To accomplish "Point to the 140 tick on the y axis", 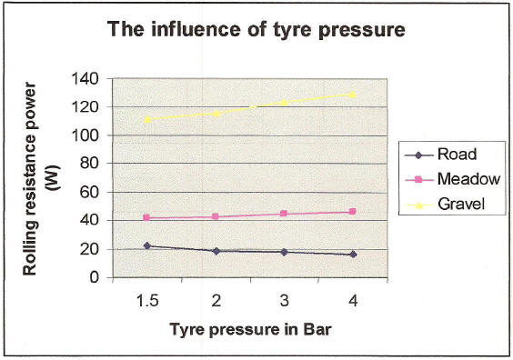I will coord(86,78).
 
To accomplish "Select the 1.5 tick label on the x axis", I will coord(146,300).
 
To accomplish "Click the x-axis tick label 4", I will coord(352,300).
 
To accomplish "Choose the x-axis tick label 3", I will coord(284,300).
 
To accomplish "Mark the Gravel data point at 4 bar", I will coord(352,95).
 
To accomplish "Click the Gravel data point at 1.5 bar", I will coord(146,119).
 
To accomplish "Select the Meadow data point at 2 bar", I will coord(216,216).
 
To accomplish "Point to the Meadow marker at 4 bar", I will coord(352,212).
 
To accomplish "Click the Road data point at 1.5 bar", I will coord(146,245).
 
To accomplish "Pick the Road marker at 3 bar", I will coord(284,252).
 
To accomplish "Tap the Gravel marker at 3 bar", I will coord(284,102).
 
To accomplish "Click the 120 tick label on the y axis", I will coord(86,106).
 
